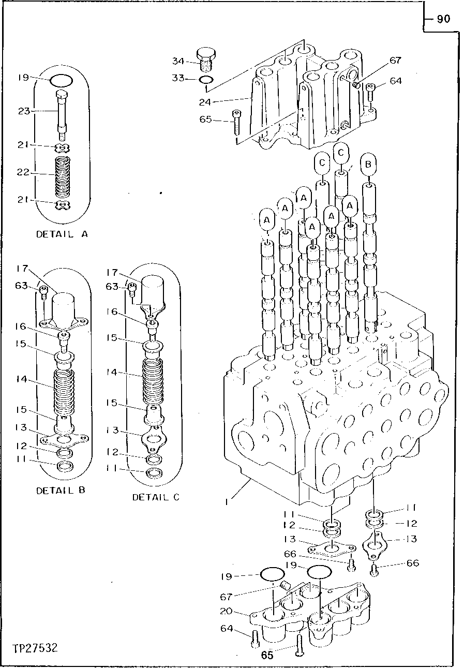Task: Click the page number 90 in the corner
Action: (443, 19)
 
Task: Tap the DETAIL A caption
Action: (62, 234)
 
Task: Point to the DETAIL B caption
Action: (60, 490)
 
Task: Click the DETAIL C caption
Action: (156, 497)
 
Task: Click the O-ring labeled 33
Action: (206, 80)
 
